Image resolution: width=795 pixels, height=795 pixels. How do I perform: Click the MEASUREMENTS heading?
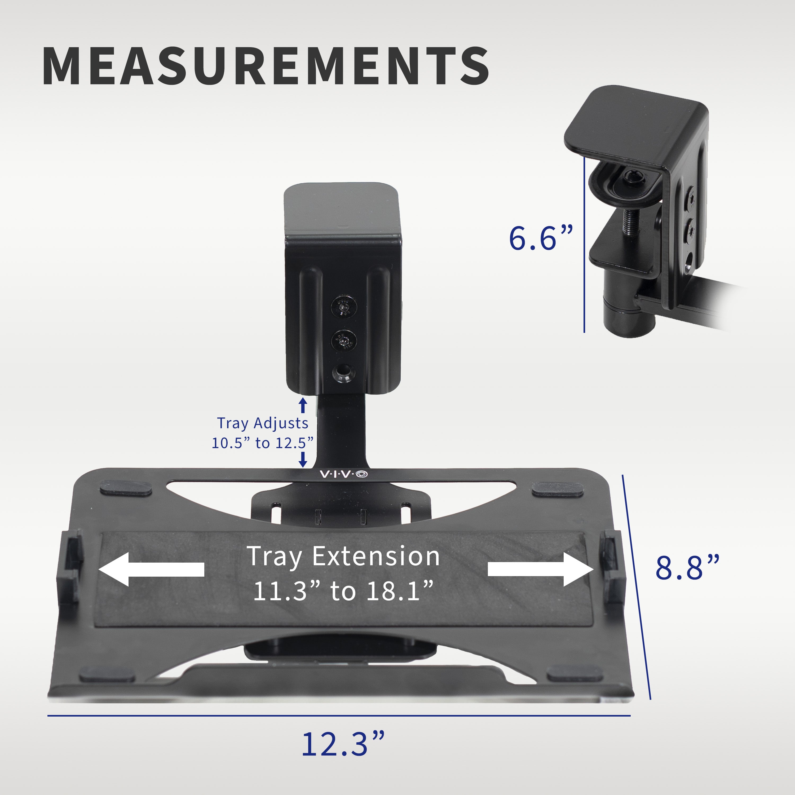coord(266,66)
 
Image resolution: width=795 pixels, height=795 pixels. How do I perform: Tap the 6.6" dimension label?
coord(540,238)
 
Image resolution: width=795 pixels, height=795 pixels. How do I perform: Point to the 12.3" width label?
coord(343,744)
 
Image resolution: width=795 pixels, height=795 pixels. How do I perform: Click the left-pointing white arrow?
coord(151,569)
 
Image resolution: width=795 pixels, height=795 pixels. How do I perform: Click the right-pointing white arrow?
coord(540,569)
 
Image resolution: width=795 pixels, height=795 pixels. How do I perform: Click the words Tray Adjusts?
coord(263,423)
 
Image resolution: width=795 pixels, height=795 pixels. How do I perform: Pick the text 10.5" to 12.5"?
coord(263,443)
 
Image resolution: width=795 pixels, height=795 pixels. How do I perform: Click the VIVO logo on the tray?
coord(344,474)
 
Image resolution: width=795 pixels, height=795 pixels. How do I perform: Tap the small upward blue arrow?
coord(303,405)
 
